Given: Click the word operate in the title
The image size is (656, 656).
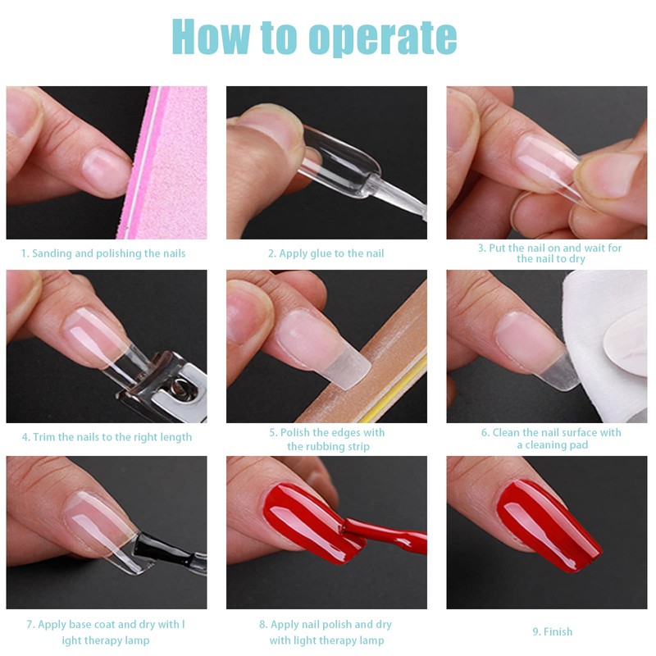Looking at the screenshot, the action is [x=382, y=37].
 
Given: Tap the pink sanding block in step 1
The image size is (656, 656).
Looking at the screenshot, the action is [x=167, y=162].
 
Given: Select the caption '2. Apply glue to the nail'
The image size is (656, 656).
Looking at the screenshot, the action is [x=326, y=253].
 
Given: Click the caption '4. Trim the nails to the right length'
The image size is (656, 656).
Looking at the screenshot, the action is [x=107, y=437].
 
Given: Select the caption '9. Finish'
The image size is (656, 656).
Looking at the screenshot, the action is [x=552, y=631].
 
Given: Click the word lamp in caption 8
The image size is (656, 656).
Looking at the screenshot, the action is [x=371, y=640].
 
